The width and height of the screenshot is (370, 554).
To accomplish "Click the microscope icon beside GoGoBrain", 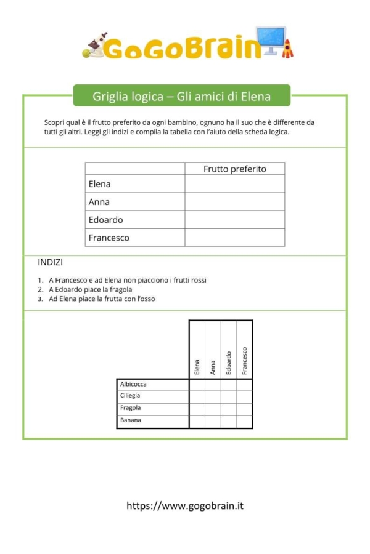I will [x=94, y=46].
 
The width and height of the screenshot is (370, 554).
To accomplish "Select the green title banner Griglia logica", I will [x=181, y=96].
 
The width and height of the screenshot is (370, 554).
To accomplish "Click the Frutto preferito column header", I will [x=234, y=169].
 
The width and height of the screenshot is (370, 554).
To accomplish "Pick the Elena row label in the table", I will [x=100, y=184].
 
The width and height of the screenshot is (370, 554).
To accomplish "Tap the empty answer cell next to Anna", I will [x=234, y=202].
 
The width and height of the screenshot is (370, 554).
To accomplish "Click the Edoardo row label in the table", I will [x=106, y=220].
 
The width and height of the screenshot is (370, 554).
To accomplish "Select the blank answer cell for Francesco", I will [x=234, y=238].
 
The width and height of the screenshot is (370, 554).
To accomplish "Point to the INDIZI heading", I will [x=50, y=262].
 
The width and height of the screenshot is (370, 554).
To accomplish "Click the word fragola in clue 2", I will [x=121, y=289].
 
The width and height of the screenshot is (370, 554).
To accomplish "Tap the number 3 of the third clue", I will [x=40, y=299].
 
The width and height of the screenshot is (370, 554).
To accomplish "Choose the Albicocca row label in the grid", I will [x=133, y=384].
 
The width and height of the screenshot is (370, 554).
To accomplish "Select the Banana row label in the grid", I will [x=131, y=420].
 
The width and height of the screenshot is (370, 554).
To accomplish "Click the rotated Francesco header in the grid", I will [x=245, y=361].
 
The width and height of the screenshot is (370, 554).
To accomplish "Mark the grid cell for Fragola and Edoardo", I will [x=229, y=409].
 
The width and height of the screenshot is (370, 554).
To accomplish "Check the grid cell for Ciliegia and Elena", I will [x=197, y=396].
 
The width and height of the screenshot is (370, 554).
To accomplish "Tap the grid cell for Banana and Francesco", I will [x=245, y=421].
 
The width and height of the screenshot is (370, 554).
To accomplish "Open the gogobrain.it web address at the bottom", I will [x=185, y=506].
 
